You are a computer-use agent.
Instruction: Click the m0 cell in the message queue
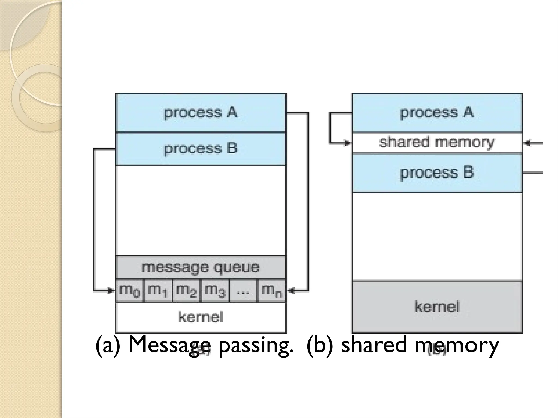click(130, 291)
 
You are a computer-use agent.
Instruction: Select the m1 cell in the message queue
click(158, 291)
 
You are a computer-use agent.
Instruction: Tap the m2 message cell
click(187, 291)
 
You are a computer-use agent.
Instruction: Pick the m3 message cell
click(215, 291)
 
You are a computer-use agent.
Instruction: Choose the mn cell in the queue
click(271, 291)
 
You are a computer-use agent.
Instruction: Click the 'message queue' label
click(201, 267)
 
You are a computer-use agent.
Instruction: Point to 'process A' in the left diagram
click(201, 113)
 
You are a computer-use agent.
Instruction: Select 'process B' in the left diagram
click(201, 149)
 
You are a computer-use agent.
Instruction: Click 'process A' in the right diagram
click(437, 113)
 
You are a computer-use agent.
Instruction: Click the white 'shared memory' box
click(437, 142)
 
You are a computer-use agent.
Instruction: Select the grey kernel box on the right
click(437, 307)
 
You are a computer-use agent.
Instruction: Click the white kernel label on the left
click(201, 317)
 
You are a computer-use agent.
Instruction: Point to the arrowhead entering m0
click(111, 291)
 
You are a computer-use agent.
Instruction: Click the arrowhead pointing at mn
click(291, 291)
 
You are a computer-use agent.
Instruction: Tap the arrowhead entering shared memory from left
click(347, 142)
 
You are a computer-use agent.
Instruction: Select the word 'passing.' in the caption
click(256, 345)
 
